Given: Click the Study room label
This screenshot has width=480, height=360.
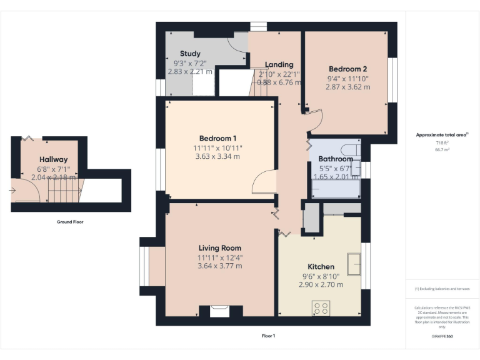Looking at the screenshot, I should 190,54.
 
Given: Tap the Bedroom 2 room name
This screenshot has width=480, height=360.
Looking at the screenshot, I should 347,69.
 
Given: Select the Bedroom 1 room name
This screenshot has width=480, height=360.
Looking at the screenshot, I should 218,138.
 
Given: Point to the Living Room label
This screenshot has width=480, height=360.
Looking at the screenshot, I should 219,248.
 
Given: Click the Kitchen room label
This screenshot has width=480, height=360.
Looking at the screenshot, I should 321,266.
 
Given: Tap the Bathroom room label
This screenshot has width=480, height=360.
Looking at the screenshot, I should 336,159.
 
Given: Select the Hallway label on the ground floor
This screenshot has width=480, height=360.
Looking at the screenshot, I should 53,159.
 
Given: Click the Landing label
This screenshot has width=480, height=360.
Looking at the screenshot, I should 279,64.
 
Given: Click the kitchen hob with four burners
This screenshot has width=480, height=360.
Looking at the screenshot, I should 321,307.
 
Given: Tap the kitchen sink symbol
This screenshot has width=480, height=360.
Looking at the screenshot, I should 354,264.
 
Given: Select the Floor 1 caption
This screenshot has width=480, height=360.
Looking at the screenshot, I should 268,336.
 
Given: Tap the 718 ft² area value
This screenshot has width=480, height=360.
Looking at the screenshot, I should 442,143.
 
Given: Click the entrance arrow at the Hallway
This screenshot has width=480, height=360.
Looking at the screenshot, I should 12,189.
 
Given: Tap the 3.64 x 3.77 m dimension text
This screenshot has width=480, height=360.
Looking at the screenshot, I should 219,266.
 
